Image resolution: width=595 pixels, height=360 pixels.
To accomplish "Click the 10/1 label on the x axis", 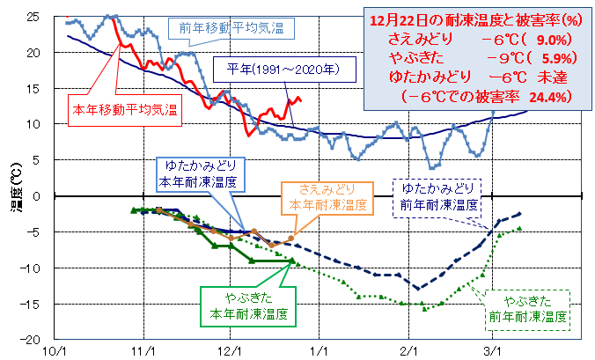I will tap(55, 350).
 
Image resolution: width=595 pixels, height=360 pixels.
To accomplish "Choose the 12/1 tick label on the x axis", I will tap(231, 350).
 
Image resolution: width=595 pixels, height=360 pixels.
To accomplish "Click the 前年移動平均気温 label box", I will tap(231, 28).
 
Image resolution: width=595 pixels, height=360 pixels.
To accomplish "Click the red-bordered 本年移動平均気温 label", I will tap(124, 111).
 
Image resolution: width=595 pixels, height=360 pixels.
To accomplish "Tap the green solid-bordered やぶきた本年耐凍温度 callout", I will tap(247, 305).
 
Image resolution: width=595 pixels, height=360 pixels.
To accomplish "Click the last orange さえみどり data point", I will tap(291, 238).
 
